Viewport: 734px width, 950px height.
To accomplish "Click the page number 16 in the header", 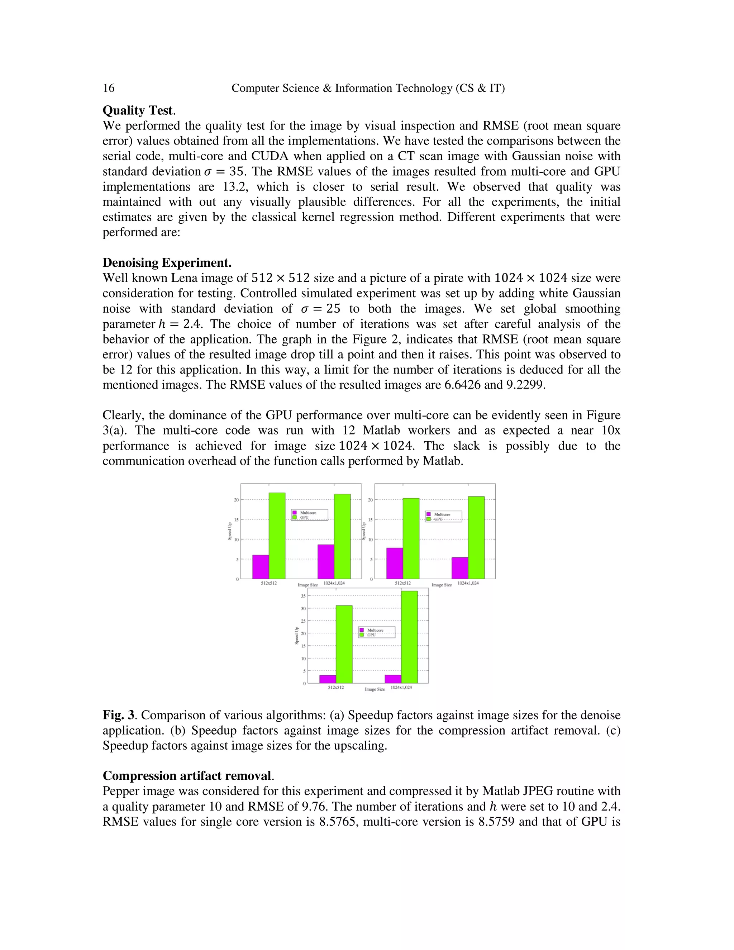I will coord(108,88).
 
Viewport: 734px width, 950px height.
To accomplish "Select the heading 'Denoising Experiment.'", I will coord(167,263).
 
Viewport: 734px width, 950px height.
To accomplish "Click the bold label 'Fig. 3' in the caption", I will coord(120,715).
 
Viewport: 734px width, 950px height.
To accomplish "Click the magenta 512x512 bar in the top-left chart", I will coord(261,567).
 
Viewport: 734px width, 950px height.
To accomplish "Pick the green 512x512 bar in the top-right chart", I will coord(411,538).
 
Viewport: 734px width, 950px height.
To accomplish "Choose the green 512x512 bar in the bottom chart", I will coord(344,644).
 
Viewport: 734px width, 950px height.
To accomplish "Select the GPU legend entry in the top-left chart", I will coord(304,518).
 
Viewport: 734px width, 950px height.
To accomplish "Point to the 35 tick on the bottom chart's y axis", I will coord(303,596).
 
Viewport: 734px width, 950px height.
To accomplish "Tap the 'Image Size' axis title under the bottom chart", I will coord(375,689).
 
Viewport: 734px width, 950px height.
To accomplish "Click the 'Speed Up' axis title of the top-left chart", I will coord(230,531).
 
